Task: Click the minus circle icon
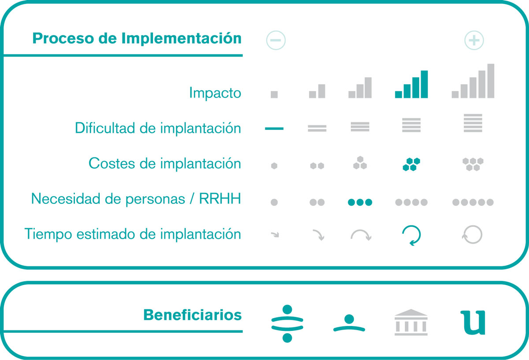click(276, 40)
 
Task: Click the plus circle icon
click(474, 40)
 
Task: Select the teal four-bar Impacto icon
click(411, 84)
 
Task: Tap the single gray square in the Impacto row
click(274, 94)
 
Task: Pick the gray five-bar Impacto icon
click(473, 81)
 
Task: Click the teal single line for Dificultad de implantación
click(274, 128)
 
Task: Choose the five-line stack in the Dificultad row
click(473, 123)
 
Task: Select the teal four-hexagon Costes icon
click(411, 164)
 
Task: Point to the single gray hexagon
click(274, 166)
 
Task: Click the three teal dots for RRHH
click(360, 202)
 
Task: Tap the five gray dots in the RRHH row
click(473, 202)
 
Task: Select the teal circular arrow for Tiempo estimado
click(411, 236)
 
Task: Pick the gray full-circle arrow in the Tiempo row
click(472, 235)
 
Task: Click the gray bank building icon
click(411, 322)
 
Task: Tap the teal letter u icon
click(473, 322)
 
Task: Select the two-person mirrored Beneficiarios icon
click(287, 323)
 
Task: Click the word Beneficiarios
click(193, 315)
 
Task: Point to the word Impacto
click(215, 93)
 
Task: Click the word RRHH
click(220, 199)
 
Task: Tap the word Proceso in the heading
click(63, 38)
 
